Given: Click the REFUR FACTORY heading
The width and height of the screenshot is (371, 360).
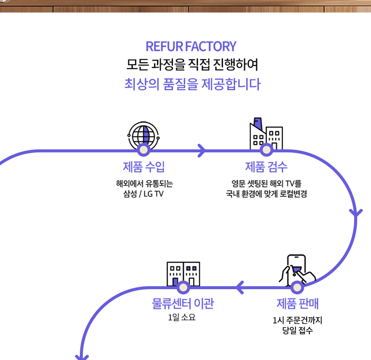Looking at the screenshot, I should point(191,46).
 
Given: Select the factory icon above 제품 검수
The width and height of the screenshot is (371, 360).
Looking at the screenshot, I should point(266,133).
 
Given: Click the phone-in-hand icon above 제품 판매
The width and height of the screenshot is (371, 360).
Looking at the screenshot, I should point(297,268).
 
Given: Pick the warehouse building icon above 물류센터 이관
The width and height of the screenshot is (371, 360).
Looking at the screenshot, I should point(183,273).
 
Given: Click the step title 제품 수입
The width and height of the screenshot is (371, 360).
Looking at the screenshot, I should point(144,167).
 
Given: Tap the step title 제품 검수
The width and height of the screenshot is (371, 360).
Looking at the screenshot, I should point(266,167).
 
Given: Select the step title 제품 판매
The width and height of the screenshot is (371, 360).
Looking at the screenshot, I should point(297,303).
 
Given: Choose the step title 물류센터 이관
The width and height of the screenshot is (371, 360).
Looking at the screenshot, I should point(182,303).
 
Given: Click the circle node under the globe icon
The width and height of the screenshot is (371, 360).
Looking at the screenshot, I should point(144,150).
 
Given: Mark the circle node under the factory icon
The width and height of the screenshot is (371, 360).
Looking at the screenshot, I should point(266,150).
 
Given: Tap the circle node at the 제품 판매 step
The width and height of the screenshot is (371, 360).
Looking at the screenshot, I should point(297,287).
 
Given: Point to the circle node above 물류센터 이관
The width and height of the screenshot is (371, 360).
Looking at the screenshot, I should point(183,287).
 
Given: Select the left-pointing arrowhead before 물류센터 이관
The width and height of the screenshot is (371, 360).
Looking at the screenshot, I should point(239,287).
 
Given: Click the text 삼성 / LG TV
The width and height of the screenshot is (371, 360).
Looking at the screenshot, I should point(144,194).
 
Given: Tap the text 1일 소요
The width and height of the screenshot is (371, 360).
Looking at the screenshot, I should point(182,318).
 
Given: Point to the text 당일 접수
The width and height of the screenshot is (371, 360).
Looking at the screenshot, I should point(297,331).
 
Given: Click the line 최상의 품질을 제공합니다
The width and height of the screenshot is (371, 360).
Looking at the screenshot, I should point(192,84).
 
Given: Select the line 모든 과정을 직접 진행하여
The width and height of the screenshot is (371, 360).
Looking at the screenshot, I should point(192,65).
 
